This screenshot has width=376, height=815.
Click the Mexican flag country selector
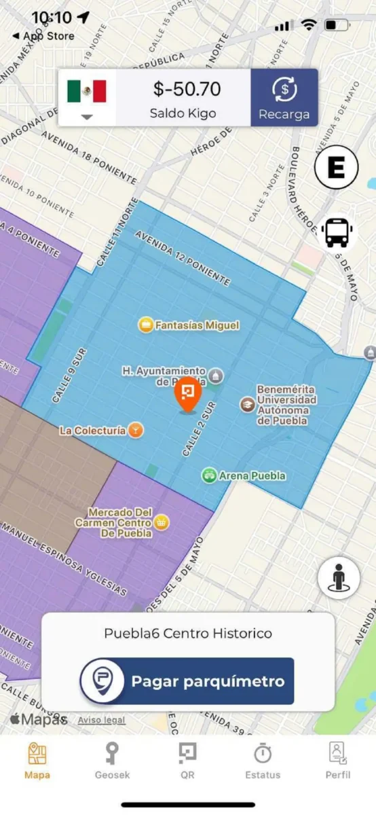[87, 96]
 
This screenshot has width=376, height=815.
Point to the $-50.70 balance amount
[186, 88]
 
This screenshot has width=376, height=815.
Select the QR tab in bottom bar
[187, 760]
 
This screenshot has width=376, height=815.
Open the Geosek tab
[113, 760]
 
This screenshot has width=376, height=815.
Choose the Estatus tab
[263, 760]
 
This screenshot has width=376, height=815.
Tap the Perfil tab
[337, 760]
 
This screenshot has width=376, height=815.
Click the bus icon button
[337, 232]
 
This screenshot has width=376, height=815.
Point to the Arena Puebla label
[252, 475]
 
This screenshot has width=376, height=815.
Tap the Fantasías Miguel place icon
[145, 325]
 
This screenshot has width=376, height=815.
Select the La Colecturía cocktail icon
[136, 430]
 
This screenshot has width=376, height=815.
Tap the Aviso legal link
[101, 720]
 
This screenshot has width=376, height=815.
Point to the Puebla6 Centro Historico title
[188, 633]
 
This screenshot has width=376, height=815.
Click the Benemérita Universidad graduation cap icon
[247, 404]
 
